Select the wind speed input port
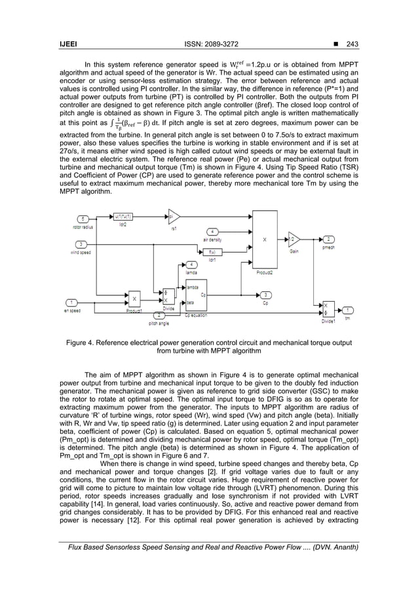coord(82,243)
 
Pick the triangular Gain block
coord(294,239)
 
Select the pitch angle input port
coord(160,315)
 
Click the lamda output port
coord(191,264)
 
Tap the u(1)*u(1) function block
coord(123,217)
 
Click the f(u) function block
coord(212,251)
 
